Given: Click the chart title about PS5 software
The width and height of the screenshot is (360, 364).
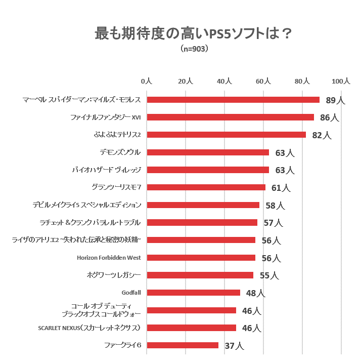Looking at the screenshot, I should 194,33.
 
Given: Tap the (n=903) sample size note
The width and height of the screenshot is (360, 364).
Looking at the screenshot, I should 194,50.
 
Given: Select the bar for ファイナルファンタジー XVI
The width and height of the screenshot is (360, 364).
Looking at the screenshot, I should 230,117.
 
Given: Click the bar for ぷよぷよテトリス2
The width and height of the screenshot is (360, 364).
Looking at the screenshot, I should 226,135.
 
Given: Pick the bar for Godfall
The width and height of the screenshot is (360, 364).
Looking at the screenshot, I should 193,293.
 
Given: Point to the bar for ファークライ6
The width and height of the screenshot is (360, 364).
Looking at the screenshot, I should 183,345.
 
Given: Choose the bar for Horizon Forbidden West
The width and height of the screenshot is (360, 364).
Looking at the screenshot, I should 201,258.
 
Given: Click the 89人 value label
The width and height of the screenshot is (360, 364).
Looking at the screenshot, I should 335,100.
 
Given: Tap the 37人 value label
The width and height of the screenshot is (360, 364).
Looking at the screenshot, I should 234,346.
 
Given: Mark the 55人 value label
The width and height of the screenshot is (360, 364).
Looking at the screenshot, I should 268,276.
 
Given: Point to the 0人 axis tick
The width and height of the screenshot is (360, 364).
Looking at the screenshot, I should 147,81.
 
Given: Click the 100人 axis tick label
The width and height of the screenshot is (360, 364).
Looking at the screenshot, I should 341,81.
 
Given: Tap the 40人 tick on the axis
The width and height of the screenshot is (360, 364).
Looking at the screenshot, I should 224,81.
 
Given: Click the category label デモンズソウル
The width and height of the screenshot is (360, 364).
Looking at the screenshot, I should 120,152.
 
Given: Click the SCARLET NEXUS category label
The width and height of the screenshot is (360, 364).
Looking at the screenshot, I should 89,328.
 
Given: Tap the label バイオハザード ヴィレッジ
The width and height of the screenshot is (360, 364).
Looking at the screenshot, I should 106,170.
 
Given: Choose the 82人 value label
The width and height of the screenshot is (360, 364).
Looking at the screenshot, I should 322,135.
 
